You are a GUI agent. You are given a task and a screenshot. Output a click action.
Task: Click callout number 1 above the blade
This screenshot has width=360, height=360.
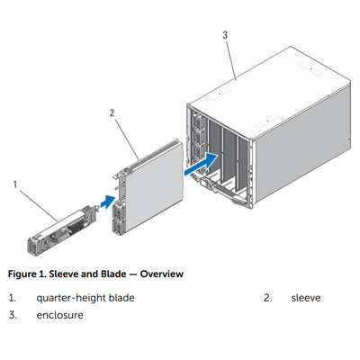point(15,184)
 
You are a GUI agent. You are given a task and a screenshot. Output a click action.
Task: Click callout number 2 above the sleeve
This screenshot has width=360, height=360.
point(112,113)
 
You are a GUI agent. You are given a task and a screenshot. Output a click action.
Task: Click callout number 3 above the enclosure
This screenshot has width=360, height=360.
point(225,36)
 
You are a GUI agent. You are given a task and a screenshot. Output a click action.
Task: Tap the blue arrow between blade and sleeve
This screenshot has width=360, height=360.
point(107,200)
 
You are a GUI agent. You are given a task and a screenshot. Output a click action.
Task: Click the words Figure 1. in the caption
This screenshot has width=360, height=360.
point(27,273)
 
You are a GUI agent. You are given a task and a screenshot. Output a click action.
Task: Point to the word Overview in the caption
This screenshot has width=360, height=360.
point(160,273)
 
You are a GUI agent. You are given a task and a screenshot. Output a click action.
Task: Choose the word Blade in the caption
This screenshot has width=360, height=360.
point(113,273)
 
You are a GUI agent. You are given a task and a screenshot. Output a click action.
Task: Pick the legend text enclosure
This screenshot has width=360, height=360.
point(59,316)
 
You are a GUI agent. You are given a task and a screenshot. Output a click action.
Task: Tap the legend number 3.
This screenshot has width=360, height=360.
point(13,316)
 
